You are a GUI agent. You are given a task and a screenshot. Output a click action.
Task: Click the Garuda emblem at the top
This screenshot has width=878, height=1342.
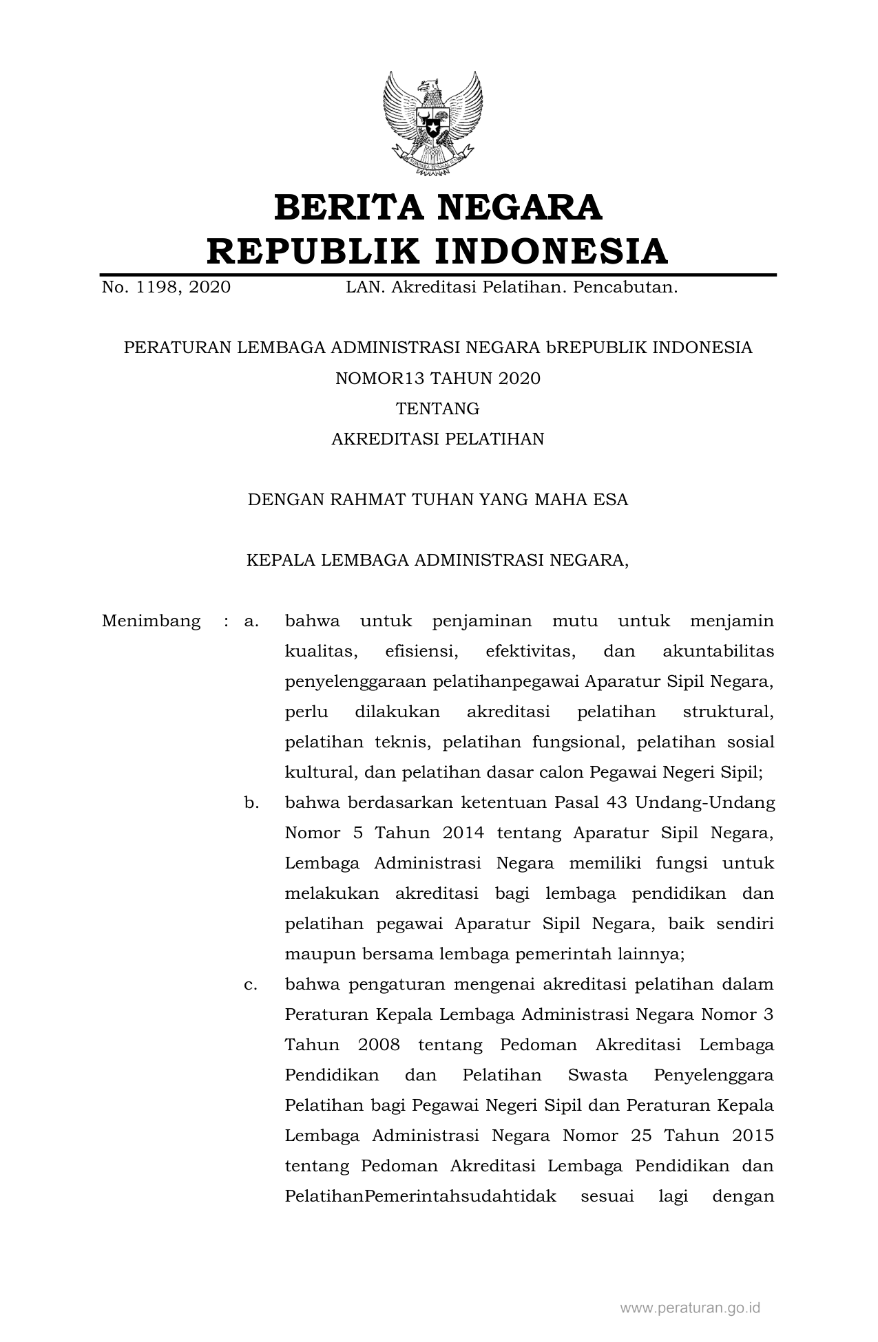(x=432, y=121)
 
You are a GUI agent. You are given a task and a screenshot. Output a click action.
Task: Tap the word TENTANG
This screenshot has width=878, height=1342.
(x=438, y=409)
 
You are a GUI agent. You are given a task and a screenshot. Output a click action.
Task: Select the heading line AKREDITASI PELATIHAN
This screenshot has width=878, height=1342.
(x=438, y=439)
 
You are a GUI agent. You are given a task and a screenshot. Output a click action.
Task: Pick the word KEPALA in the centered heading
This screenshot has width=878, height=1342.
(x=278, y=560)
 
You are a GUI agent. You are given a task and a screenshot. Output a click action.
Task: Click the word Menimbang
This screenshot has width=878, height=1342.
(x=151, y=621)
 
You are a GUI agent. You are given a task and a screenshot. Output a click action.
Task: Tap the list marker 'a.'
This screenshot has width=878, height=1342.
(x=251, y=621)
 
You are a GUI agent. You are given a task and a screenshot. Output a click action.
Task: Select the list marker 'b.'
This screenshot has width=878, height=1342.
(x=251, y=802)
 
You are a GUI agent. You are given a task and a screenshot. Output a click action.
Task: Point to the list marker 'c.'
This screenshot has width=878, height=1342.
(x=251, y=984)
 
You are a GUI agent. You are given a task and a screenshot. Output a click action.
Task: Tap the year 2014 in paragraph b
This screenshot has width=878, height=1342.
(x=463, y=833)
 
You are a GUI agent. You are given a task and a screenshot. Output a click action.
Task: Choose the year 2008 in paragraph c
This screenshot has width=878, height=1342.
(x=379, y=1045)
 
